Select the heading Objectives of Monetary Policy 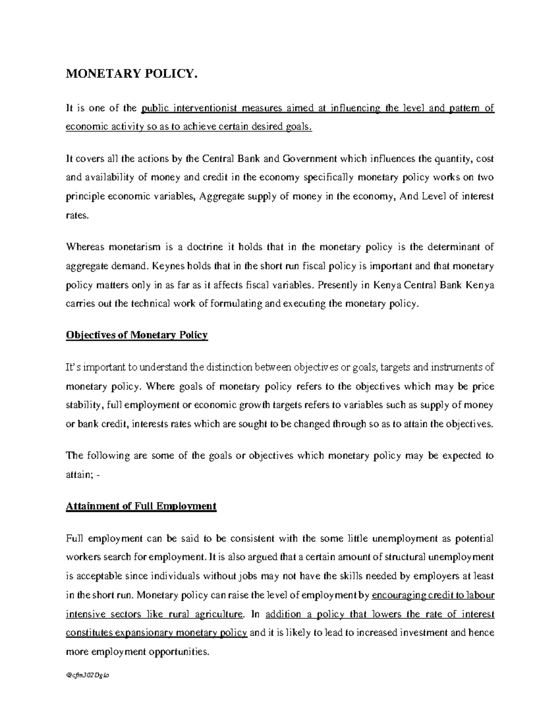point(137,335)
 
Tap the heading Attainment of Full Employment point(141,506)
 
